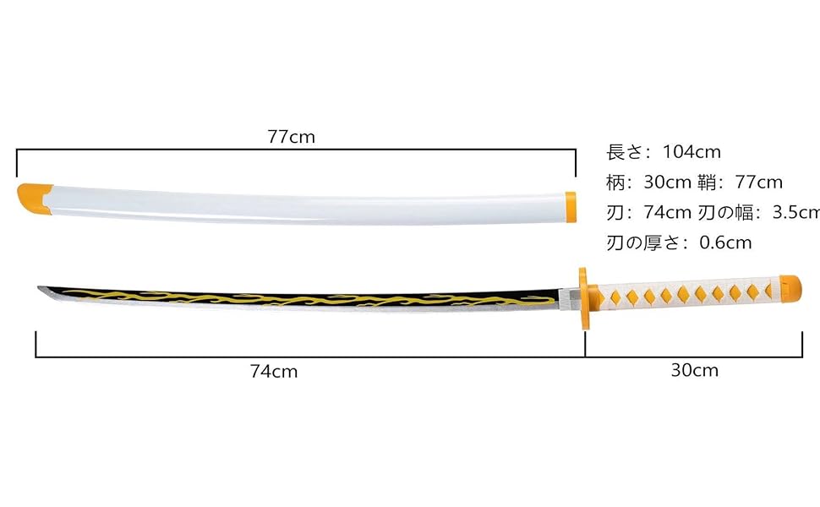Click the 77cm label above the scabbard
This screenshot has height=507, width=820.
coord(291,137)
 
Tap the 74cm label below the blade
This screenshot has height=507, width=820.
coord(274,371)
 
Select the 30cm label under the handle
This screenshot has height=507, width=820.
coord(695,370)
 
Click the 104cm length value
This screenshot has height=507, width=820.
coord(691,152)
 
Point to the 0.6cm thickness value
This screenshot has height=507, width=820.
coord(725,243)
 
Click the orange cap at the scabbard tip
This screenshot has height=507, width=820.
coord(30,198)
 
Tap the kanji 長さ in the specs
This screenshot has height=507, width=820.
coord(624,152)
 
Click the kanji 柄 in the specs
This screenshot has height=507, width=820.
coord(615,183)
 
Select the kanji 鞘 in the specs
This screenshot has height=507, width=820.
coord(705,183)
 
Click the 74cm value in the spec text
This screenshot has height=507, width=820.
coord(668,212)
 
